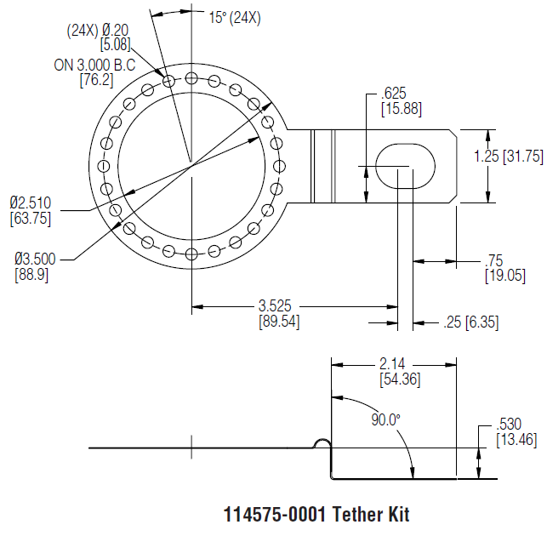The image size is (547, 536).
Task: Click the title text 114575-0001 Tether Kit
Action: [316, 515]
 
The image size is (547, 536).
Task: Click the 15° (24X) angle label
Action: [234, 17]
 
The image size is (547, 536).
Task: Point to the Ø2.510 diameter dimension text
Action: [31, 202]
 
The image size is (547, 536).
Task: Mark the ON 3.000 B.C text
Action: [94, 66]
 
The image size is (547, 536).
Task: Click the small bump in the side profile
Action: [322, 443]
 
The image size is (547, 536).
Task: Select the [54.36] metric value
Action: [400, 379]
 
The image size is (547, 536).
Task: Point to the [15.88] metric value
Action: [398, 109]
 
